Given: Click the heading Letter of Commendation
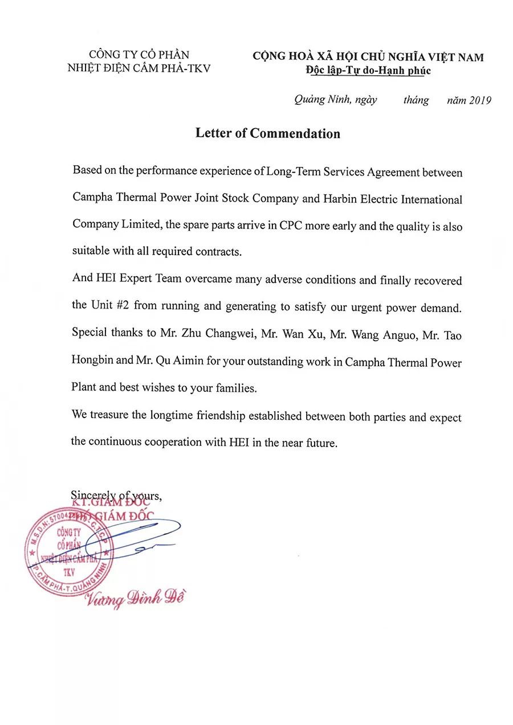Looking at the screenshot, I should coord(267,133).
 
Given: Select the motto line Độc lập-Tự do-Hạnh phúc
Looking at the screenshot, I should coord(368,71).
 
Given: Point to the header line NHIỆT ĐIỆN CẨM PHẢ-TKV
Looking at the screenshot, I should coord(139,68).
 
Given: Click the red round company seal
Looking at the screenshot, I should coord(69,552).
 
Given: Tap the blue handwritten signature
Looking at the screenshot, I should coord(142,535).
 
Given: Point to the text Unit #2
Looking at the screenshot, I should coord(109,305).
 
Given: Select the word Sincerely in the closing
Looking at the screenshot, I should coord(91,495).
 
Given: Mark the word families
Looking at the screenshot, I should coord(235,388).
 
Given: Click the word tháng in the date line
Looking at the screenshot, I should coord(416,100).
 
